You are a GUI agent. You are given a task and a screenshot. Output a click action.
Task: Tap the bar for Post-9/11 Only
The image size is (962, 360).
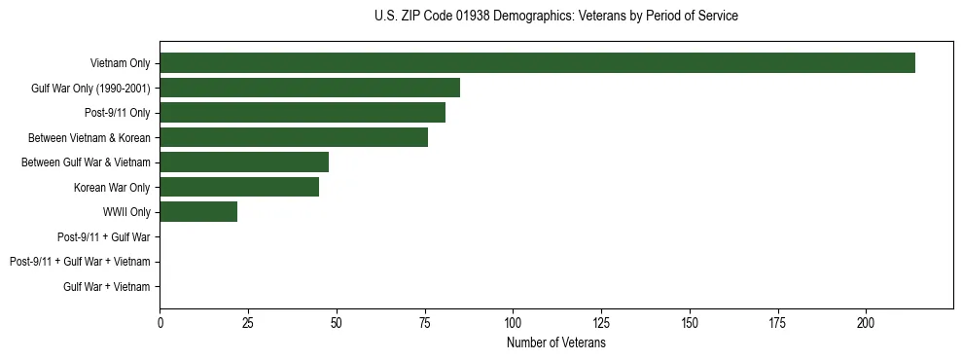(x=303, y=113)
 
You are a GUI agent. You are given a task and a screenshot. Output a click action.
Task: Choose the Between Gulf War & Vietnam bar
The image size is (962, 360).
(x=244, y=162)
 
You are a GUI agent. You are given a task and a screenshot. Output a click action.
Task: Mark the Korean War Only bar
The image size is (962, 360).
(x=239, y=187)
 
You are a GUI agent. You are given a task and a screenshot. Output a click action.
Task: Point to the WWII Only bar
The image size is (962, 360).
(x=198, y=212)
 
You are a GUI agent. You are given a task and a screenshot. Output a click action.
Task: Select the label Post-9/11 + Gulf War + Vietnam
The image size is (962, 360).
(x=80, y=262)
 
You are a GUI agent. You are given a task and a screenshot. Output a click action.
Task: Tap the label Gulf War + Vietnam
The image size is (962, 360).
(x=107, y=287)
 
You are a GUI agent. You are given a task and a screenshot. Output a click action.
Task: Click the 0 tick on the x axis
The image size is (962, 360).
(x=160, y=321)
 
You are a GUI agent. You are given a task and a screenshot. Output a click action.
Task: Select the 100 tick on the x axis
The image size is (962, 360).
(x=514, y=321)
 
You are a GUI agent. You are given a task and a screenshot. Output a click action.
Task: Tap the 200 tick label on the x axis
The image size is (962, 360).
(x=867, y=321)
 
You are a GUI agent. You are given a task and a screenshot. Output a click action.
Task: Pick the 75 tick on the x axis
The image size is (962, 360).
(x=425, y=321)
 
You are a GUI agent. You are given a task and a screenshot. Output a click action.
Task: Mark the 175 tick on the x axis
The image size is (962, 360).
(x=778, y=321)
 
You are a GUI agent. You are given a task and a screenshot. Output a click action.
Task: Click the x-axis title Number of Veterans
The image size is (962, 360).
(x=556, y=343)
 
